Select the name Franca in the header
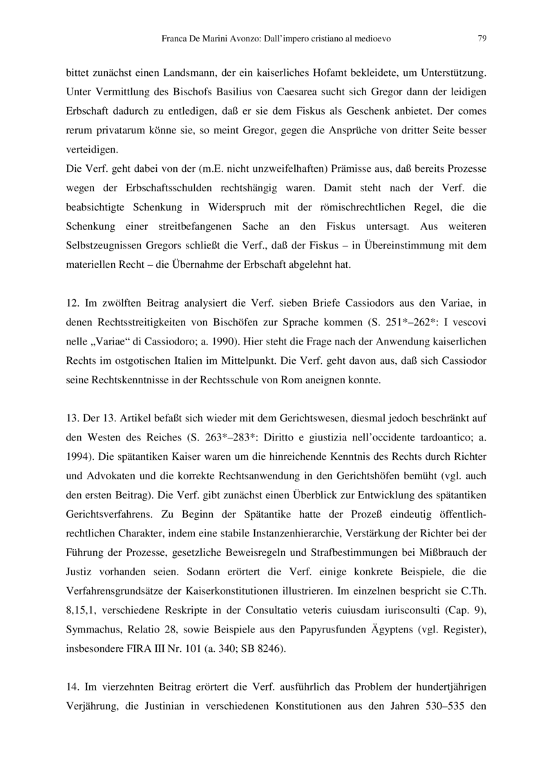click(174, 39)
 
